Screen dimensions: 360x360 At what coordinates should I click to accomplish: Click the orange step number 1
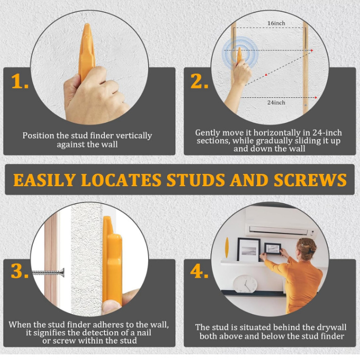(x=20, y=81)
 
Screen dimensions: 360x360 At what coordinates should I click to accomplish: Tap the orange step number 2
(x=200, y=81)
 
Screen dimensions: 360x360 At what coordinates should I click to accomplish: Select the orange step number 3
(x=20, y=272)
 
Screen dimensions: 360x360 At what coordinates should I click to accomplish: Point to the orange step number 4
(x=200, y=272)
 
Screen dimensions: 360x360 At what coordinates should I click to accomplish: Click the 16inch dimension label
(x=276, y=24)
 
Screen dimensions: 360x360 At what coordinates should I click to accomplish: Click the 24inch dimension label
(x=276, y=102)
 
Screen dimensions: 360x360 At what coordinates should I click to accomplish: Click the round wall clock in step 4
(x=245, y=284)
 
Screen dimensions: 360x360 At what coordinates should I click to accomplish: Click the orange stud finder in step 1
(x=86, y=51)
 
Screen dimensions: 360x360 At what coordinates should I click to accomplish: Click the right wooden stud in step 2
(x=305, y=67)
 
